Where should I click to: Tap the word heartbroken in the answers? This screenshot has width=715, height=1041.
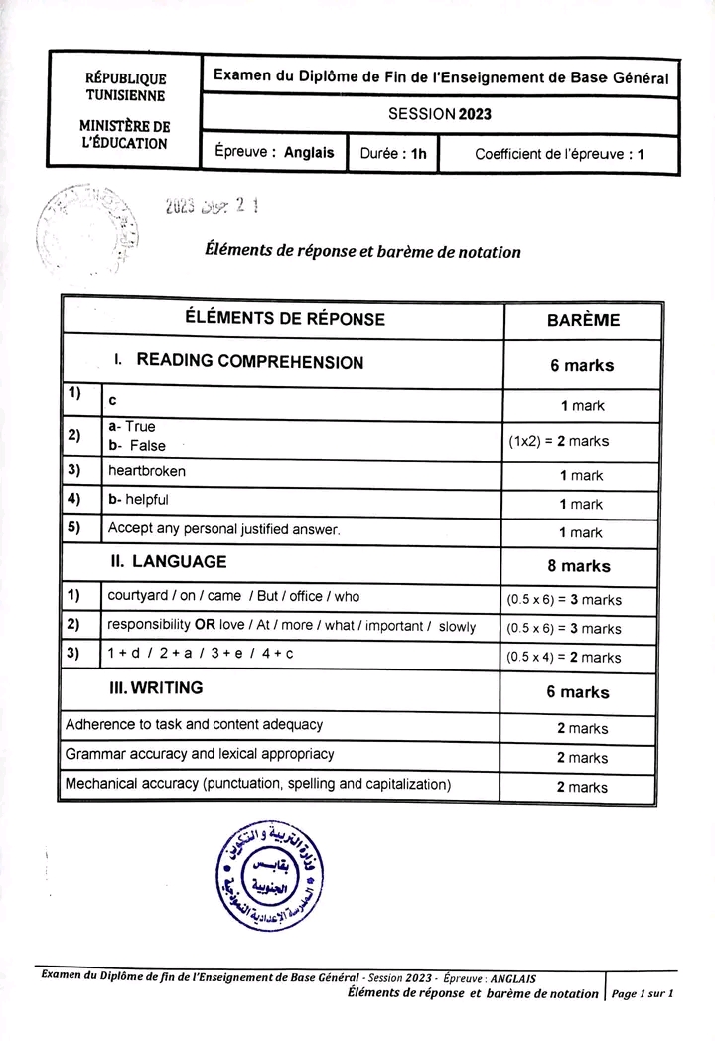click(146, 471)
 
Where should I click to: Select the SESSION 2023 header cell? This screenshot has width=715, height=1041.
click(439, 114)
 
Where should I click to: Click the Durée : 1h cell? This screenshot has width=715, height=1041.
click(393, 154)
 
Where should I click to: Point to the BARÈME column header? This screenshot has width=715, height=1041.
click(583, 320)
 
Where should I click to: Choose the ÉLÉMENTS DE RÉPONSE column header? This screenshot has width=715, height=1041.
click(285, 319)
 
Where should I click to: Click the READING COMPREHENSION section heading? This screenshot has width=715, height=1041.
click(249, 362)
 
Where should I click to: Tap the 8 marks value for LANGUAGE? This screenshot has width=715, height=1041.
click(579, 566)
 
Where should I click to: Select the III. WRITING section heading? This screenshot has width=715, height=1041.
click(157, 687)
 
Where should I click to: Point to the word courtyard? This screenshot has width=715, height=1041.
click(138, 596)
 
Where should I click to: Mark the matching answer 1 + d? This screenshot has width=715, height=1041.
click(125, 655)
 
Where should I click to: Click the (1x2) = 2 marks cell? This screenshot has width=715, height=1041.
click(558, 441)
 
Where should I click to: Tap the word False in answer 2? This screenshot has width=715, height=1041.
click(147, 446)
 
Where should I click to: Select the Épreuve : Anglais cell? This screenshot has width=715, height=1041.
click(274, 154)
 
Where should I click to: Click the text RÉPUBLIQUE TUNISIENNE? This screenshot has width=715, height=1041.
click(125, 87)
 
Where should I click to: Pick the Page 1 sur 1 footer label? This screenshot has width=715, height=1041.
click(643, 993)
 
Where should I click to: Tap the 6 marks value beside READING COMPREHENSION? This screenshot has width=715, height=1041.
click(582, 365)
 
